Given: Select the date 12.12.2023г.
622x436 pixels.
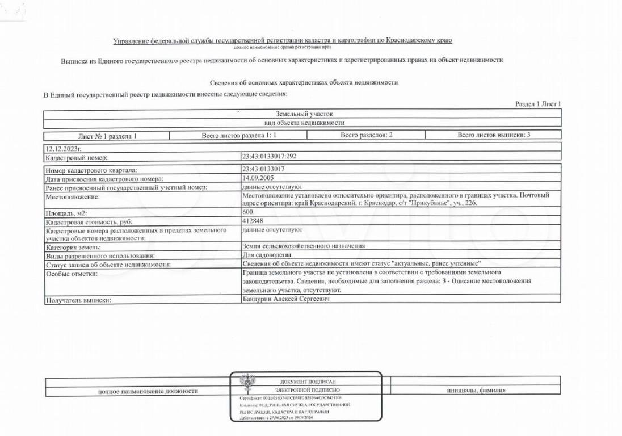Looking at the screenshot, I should point(62,148).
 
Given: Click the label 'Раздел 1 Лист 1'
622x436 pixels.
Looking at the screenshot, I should point(537,104).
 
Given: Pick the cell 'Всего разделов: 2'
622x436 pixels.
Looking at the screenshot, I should point(367,135).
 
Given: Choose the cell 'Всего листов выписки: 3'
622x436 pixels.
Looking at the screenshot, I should point(494,135).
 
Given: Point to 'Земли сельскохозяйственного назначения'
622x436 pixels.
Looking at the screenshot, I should point(303,246).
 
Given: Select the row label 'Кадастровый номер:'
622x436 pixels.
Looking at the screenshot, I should point(76,157).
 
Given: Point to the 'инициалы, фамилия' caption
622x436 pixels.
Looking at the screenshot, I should point(476,391).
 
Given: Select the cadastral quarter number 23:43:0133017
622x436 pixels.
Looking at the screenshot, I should point(263,169).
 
